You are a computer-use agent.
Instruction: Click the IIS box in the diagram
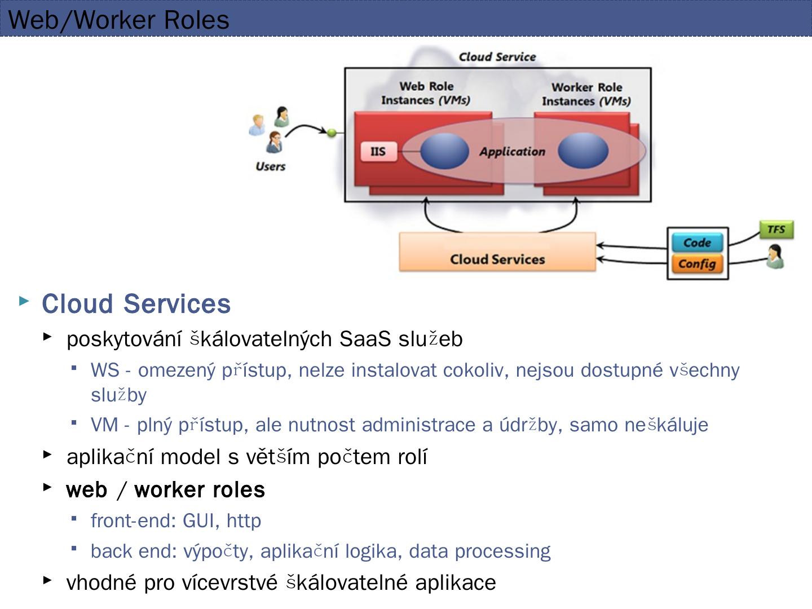[x=378, y=151]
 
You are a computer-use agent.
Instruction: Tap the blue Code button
[x=698, y=242]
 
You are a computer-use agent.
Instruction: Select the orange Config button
[x=698, y=263]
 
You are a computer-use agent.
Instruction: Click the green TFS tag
[x=776, y=230]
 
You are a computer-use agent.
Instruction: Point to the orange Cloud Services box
[x=497, y=253]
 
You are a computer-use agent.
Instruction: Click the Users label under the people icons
[x=271, y=166]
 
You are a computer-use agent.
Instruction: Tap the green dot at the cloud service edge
[x=332, y=133]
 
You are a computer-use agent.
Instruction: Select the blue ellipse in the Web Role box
[x=444, y=151]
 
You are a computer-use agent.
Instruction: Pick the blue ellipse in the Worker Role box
[x=583, y=151]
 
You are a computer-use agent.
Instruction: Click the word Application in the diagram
[x=512, y=152]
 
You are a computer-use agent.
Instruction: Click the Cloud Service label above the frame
[x=497, y=57]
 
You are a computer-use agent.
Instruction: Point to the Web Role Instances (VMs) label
[x=426, y=94]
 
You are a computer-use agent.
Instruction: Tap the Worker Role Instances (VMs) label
[x=586, y=94]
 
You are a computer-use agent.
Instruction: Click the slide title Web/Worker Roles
[x=119, y=20]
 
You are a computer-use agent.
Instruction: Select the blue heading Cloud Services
[x=136, y=303]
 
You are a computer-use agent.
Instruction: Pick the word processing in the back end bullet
[x=502, y=551]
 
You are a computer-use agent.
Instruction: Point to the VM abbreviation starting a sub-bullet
[x=104, y=425]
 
